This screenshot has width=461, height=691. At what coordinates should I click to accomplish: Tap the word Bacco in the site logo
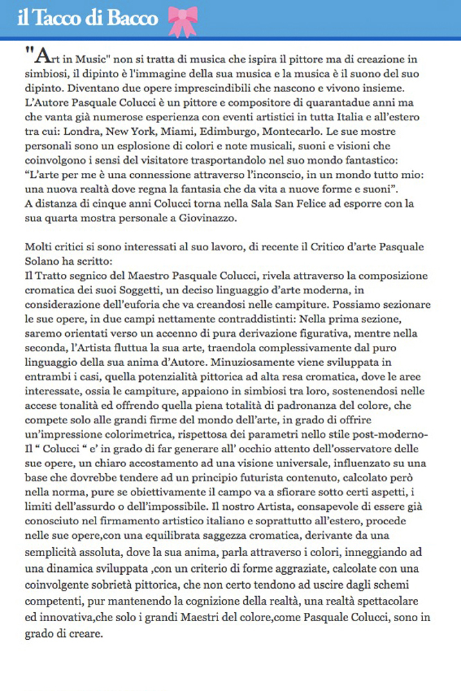point(134,19)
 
